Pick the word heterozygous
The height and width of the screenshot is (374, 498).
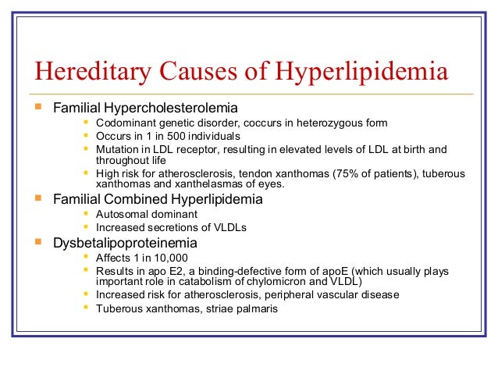322,123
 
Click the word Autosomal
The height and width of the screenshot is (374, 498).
120,213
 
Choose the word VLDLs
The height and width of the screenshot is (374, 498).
233,226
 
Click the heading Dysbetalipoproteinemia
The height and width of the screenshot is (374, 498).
125,243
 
